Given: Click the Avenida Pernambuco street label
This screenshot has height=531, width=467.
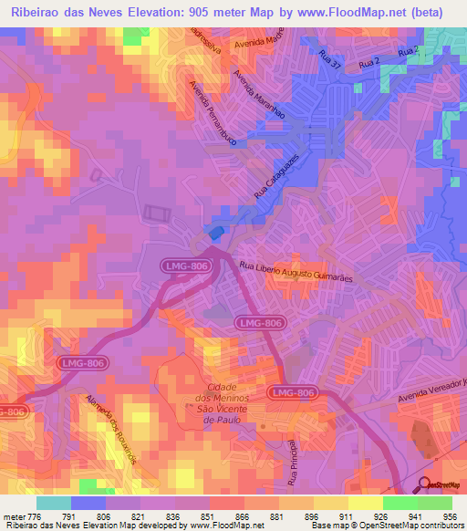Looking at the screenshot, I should (x=211, y=114).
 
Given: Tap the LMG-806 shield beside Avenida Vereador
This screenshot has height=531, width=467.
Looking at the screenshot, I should (x=293, y=392).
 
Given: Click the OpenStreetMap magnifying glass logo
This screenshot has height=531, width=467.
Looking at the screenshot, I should (x=425, y=484).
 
